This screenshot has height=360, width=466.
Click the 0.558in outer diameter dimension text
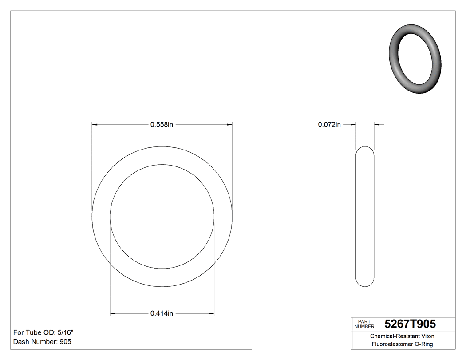pyautogui.click(x=162, y=125)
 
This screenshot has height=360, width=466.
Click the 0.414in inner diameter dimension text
pyautogui.click(x=162, y=313)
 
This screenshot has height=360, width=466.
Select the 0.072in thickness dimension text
pyautogui.click(x=329, y=125)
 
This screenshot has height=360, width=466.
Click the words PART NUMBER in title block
pyautogui.click(x=364, y=324)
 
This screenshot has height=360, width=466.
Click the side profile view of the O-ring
pyautogui.click(x=365, y=217)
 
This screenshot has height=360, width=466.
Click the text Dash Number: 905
pyautogui.click(x=42, y=342)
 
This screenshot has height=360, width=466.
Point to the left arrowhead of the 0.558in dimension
pyautogui.click(x=95, y=125)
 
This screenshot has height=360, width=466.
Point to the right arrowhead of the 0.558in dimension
pyautogui.click(x=229, y=125)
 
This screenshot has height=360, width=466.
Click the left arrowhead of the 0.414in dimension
pyautogui.click(x=113, y=313)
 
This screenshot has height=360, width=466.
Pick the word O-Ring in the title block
pyautogui.click(x=423, y=344)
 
